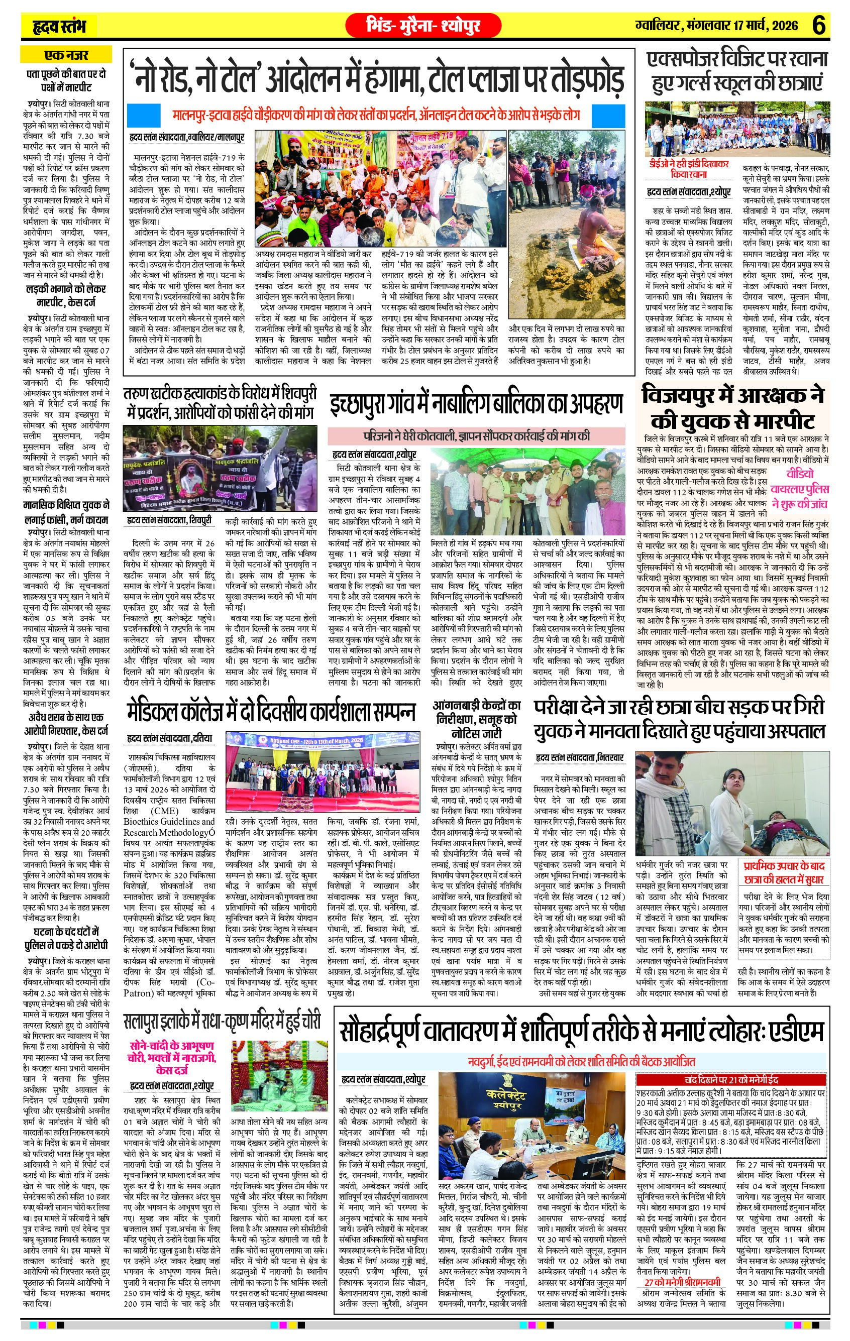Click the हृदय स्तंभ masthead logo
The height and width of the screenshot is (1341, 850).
[x=58, y=26]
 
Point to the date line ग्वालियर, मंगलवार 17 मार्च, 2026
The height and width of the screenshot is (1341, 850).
[x=716, y=26]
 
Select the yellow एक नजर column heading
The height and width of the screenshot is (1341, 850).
[x=66, y=55]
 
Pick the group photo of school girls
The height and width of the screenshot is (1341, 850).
[x=737, y=129]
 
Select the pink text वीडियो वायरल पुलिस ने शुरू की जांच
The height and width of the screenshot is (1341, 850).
[x=799, y=482]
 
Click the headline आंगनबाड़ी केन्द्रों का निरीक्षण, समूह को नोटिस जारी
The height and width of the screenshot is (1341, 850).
[x=476, y=720]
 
